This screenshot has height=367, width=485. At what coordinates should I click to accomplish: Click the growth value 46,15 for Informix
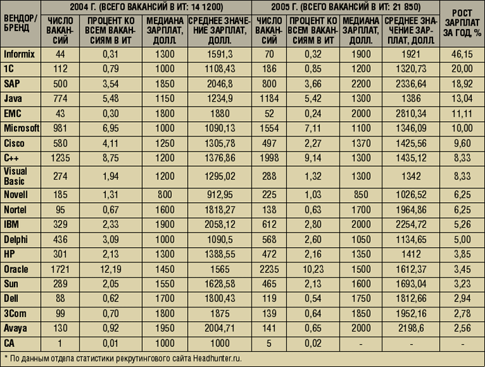462,53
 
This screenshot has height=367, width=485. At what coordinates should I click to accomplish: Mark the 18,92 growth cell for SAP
462,83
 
